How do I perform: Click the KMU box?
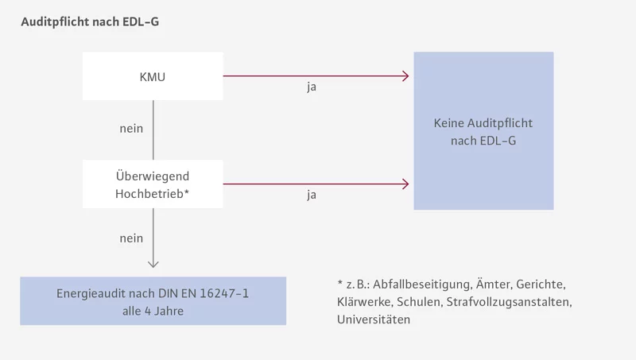click(x=153, y=76)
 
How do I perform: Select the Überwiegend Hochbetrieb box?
click(x=153, y=184)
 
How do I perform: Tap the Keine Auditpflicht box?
click(x=483, y=131)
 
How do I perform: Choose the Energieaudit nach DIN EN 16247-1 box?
click(x=153, y=301)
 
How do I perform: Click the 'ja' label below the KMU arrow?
click(x=312, y=87)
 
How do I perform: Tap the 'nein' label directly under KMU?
click(x=131, y=128)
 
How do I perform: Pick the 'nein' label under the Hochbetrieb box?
click(x=131, y=238)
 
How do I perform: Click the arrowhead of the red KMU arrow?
click(x=405, y=76)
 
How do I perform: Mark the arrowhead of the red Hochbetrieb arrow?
click(x=405, y=184)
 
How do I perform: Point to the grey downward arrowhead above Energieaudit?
click(x=153, y=264)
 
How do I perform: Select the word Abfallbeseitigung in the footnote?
click(x=419, y=284)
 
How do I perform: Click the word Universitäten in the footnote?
click(x=374, y=319)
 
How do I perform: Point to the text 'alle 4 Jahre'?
click(x=153, y=311)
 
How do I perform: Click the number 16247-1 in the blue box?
click(x=224, y=293)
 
